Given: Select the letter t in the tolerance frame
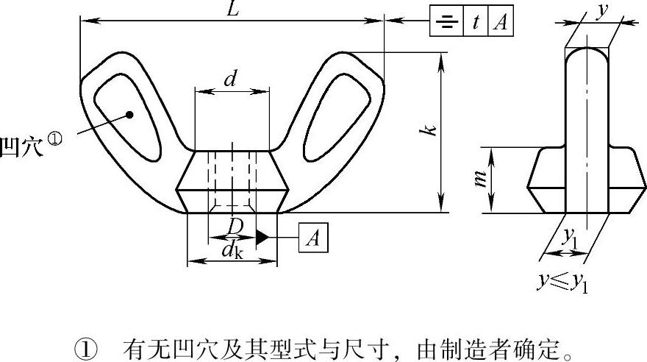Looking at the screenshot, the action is tap(476, 21).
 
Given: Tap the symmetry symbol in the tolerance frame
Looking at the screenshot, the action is tap(447, 21).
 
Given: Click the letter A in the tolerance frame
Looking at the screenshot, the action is tap(501, 21).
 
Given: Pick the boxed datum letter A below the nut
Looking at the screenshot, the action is tap(313, 238).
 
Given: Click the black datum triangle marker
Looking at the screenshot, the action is tap(262, 238).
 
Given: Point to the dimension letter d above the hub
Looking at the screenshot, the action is tap(231, 79).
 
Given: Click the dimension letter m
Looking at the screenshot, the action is tap(480, 179).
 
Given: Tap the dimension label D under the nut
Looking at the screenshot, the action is tap(235, 227).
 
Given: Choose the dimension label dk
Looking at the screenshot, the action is tap(232, 250).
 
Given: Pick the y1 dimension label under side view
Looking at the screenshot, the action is tap(571, 238).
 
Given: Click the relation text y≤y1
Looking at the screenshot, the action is tap(563, 283).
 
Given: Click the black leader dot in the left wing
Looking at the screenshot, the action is tap(129, 115).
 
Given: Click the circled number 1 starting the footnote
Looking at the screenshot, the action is tap(86, 349).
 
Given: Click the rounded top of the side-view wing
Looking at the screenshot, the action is tap(587, 49).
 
